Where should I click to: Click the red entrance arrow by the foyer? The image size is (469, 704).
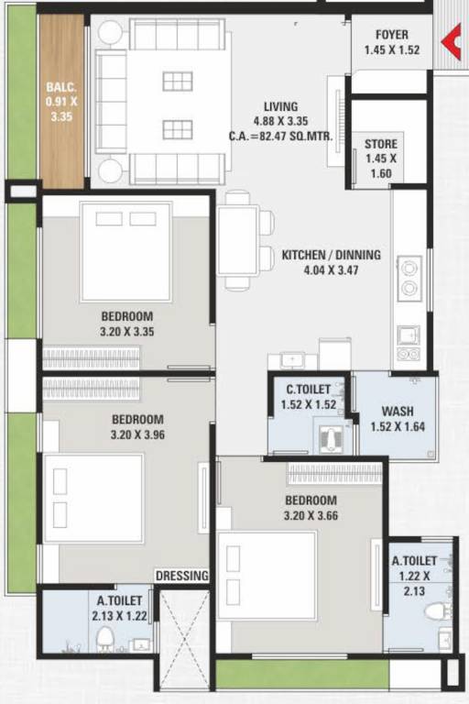pyautogui.click(x=451, y=43)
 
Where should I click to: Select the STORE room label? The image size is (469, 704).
pyautogui.click(x=380, y=144)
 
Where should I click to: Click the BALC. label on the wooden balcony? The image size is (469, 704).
pyautogui.click(x=61, y=89)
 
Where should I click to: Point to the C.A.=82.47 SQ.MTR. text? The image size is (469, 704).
pyautogui.click(x=280, y=137)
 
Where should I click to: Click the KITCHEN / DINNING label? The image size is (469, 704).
pyautogui.click(x=331, y=255)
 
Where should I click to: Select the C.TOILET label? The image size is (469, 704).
pyautogui.click(x=308, y=390)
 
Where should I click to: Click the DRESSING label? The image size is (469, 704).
pyautogui.click(x=182, y=575)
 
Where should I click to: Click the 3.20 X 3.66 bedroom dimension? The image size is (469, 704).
pyautogui.click(x=310, y=515)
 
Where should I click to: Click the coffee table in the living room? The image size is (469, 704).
pyautogui.click(x=178, y=104)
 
